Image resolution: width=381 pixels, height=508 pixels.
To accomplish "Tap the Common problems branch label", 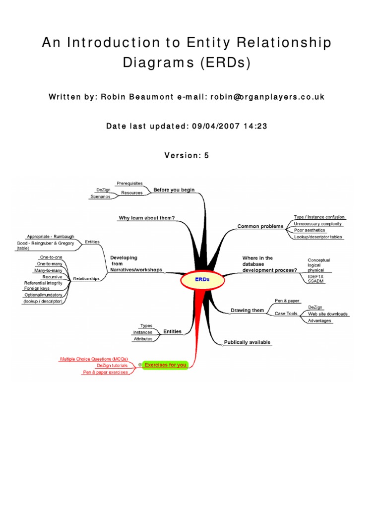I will (260, 226).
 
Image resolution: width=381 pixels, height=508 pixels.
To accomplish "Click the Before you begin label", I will (174, 190).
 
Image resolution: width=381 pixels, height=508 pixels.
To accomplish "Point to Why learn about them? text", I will (146, 218).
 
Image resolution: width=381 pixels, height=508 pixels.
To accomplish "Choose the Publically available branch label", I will (247, 342).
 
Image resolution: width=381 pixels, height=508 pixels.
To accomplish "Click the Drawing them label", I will (247, 311).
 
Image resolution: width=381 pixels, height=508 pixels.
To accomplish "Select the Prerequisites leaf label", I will (129, 184).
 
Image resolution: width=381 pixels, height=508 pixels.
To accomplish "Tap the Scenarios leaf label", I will (100, 197).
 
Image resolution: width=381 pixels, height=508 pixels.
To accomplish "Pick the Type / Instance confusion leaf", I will (319, 217).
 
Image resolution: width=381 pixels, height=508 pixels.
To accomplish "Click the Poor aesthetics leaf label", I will (310, 230).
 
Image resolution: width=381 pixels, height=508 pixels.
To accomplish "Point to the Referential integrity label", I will (43, 283).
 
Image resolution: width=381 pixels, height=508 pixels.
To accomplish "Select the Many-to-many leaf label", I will (49, 270).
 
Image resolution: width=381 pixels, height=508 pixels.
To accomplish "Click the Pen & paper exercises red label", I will (105, 372).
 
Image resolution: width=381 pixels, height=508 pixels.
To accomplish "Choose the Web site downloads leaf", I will (327, 314).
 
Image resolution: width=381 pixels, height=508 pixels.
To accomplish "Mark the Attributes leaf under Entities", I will (143, 339).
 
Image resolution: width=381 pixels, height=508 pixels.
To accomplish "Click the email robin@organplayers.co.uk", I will (267, 97).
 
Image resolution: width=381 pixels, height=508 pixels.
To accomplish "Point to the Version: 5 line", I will (187, 156).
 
